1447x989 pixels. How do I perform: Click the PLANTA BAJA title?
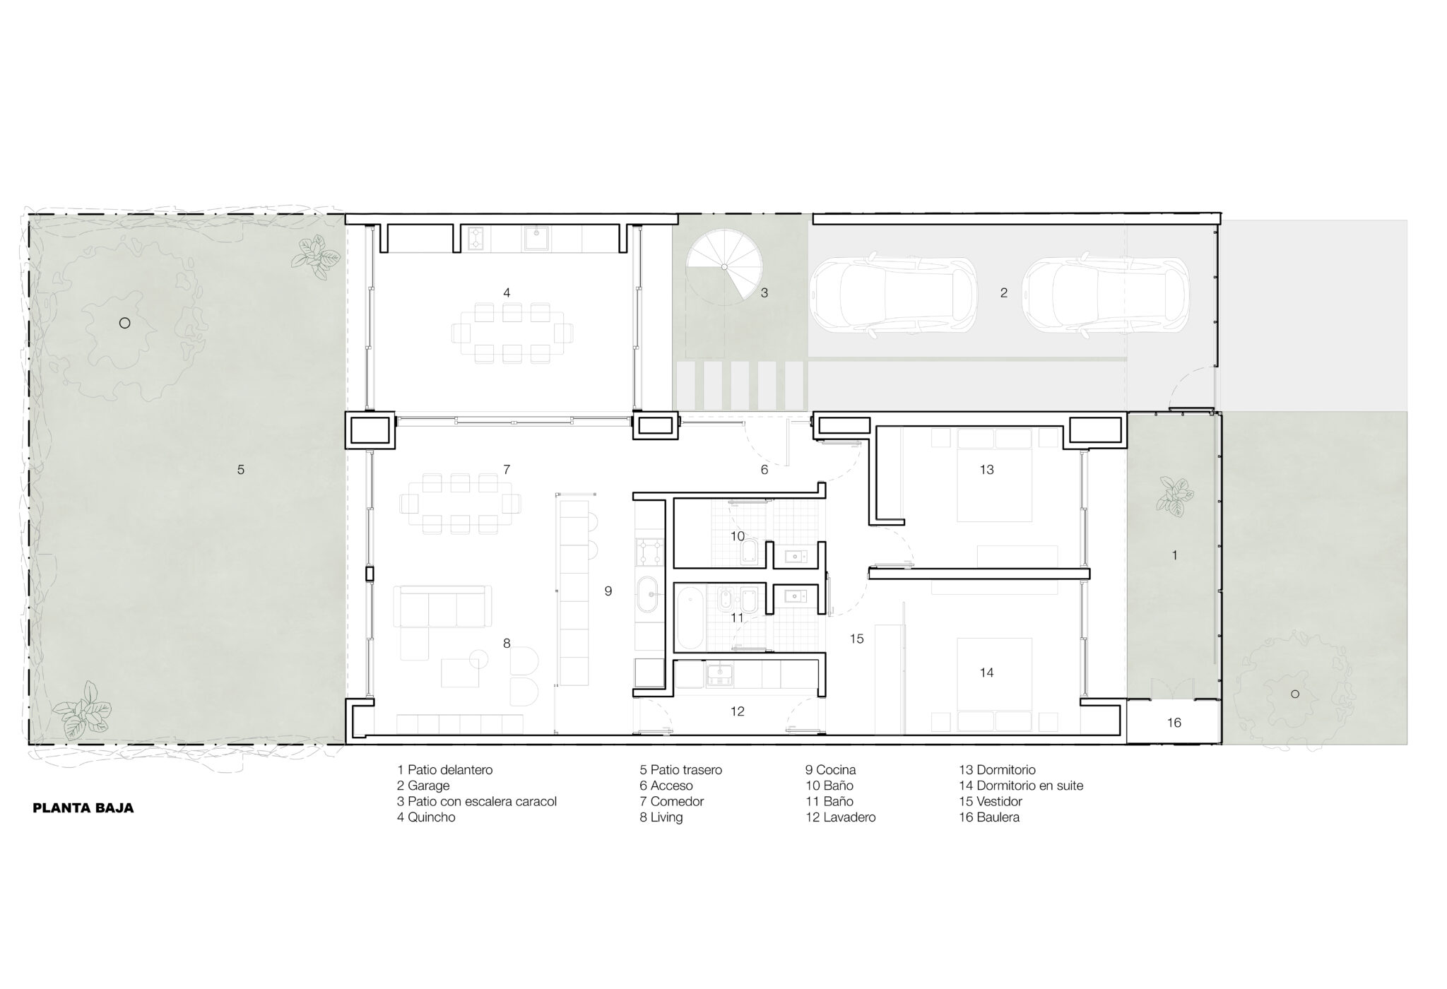click(83, 808)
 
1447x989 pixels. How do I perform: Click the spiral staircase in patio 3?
click(725, 267)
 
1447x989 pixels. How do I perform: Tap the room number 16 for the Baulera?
click(1174, 723)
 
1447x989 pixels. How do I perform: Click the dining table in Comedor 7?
click(460, 503)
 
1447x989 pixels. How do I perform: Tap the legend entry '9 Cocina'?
click(830, 770)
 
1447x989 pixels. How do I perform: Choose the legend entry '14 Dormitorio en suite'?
click(1021, 786)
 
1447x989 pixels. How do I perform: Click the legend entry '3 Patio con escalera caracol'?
click(477, 802)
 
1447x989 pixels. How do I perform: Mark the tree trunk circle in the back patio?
click(124, 323)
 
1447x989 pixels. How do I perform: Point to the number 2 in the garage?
click(1004, 292)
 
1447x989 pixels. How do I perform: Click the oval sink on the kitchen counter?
click(649, 596)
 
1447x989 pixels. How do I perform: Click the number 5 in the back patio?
click(241, 470)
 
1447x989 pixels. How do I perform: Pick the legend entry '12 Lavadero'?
click(841, 817)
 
